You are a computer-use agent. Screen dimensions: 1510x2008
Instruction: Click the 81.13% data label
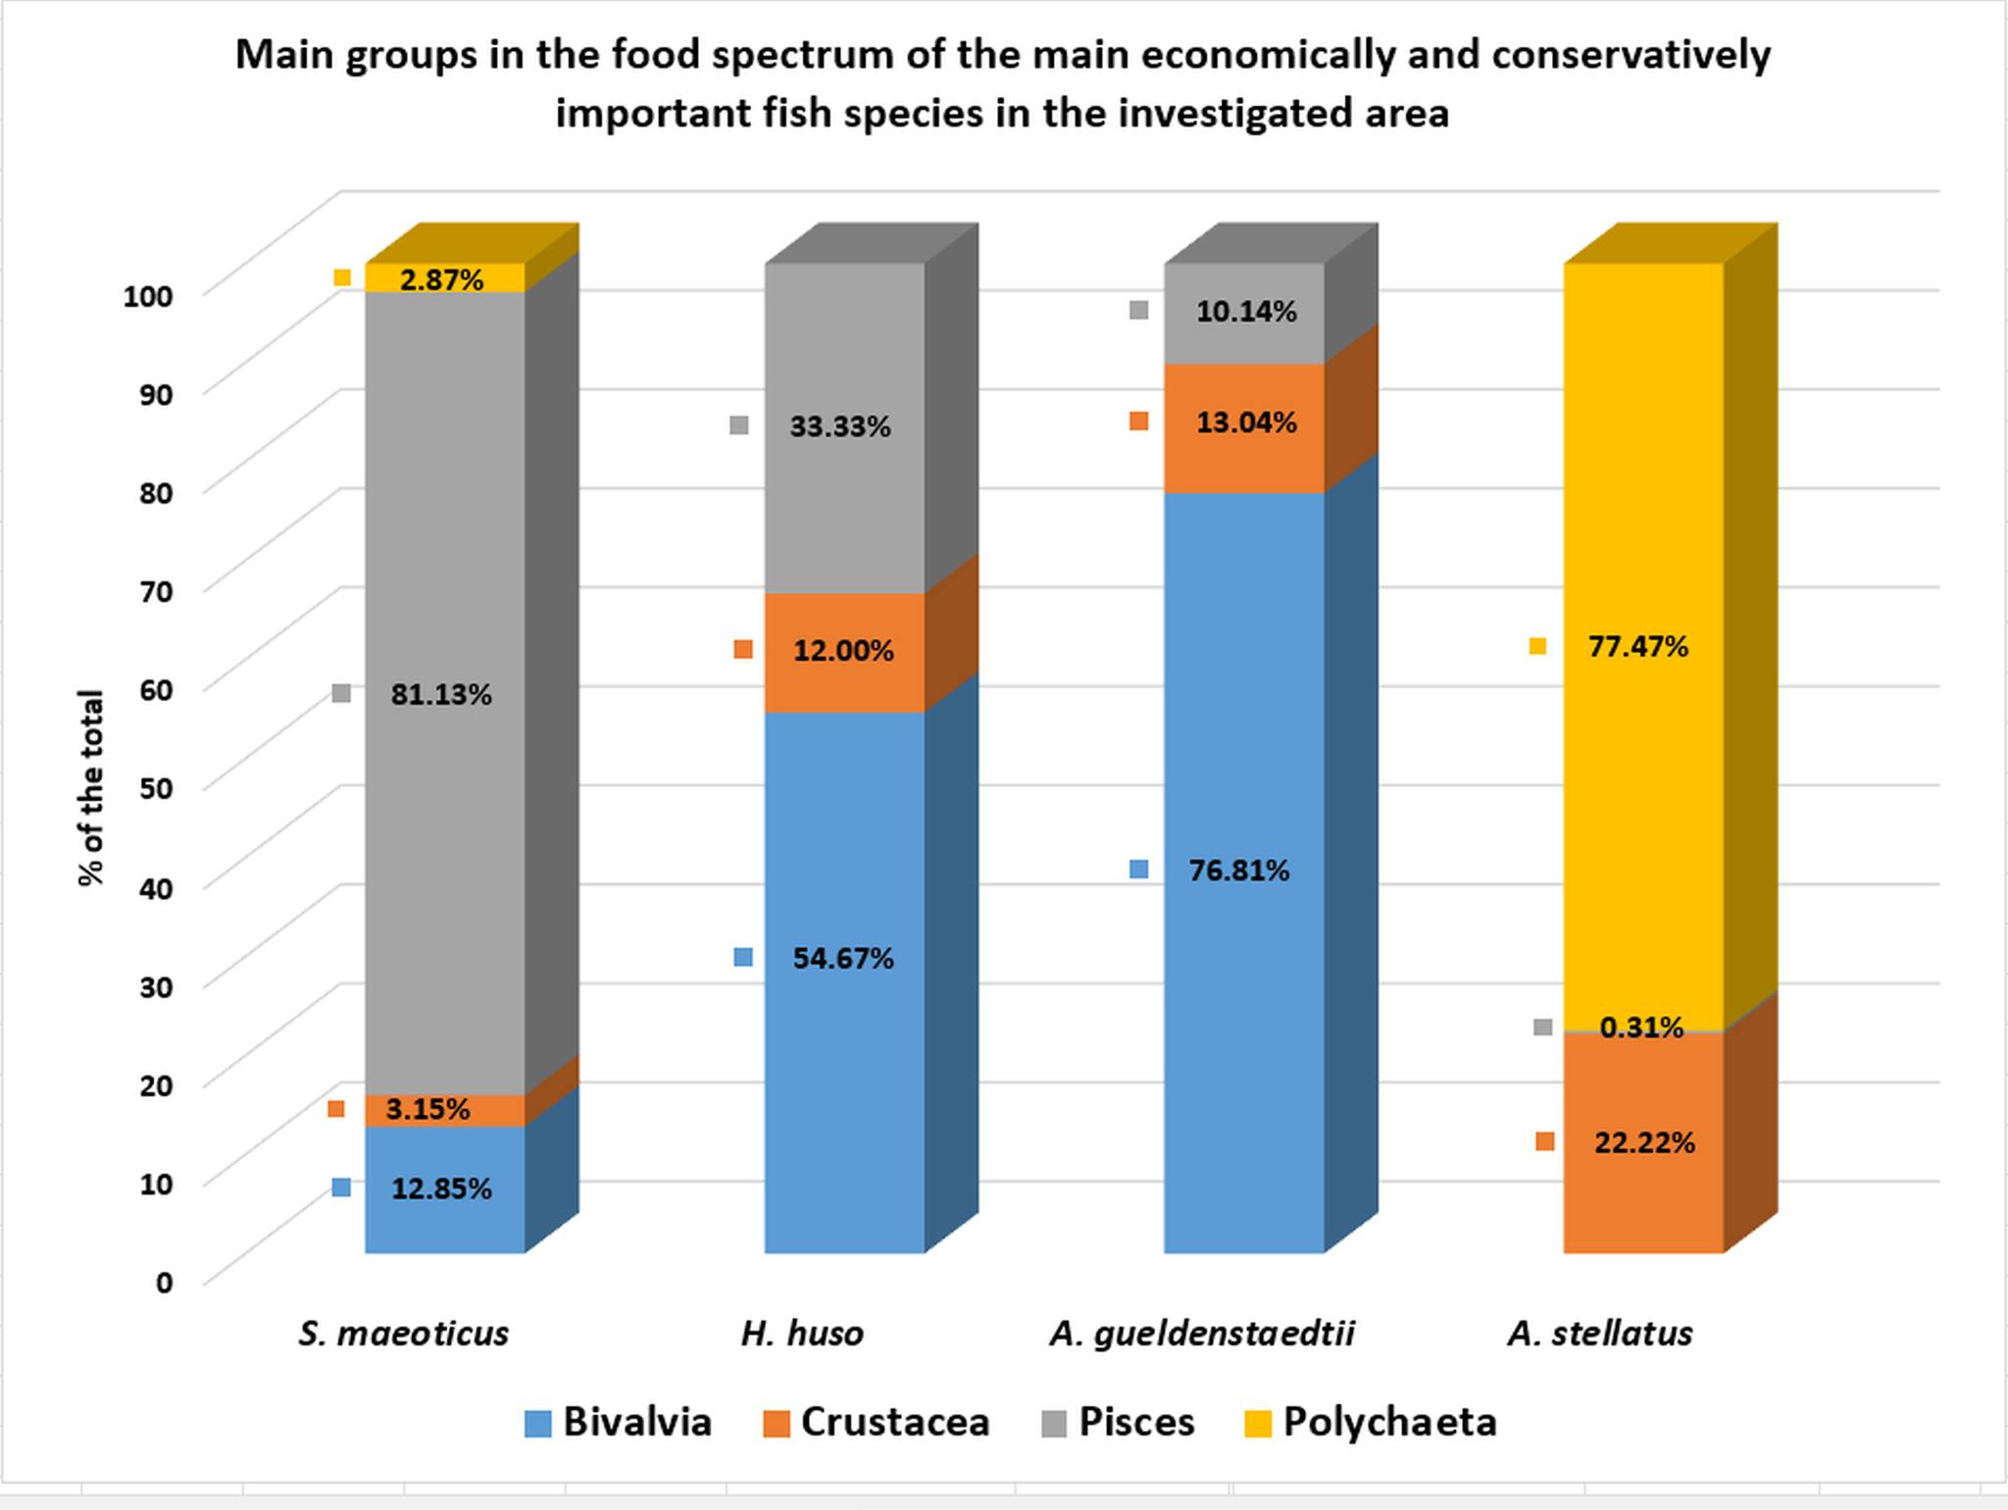point(440,694)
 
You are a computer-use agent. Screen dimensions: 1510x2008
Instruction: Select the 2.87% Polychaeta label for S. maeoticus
point(441,280)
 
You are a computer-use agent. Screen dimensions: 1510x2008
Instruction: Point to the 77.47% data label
point(1637,647)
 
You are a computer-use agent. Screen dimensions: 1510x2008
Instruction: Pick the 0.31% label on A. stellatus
point(1640,1028)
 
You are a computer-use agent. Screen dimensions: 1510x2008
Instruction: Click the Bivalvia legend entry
point(619,1422)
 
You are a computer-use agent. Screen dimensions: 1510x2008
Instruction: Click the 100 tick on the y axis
point(148,295)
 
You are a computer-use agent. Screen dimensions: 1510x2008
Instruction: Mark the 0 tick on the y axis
point(164,1282)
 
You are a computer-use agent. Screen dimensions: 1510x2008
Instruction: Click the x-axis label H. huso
point(802,1334)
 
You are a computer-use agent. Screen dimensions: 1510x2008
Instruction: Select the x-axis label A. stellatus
point(1600,1334)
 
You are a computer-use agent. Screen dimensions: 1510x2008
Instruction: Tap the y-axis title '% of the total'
point(90,787)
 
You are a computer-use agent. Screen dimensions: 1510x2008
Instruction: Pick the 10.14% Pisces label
point(1245,312)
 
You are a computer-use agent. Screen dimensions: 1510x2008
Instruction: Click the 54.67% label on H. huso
point(842,958)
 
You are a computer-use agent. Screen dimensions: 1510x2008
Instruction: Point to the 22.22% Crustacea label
point(1643,1142)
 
